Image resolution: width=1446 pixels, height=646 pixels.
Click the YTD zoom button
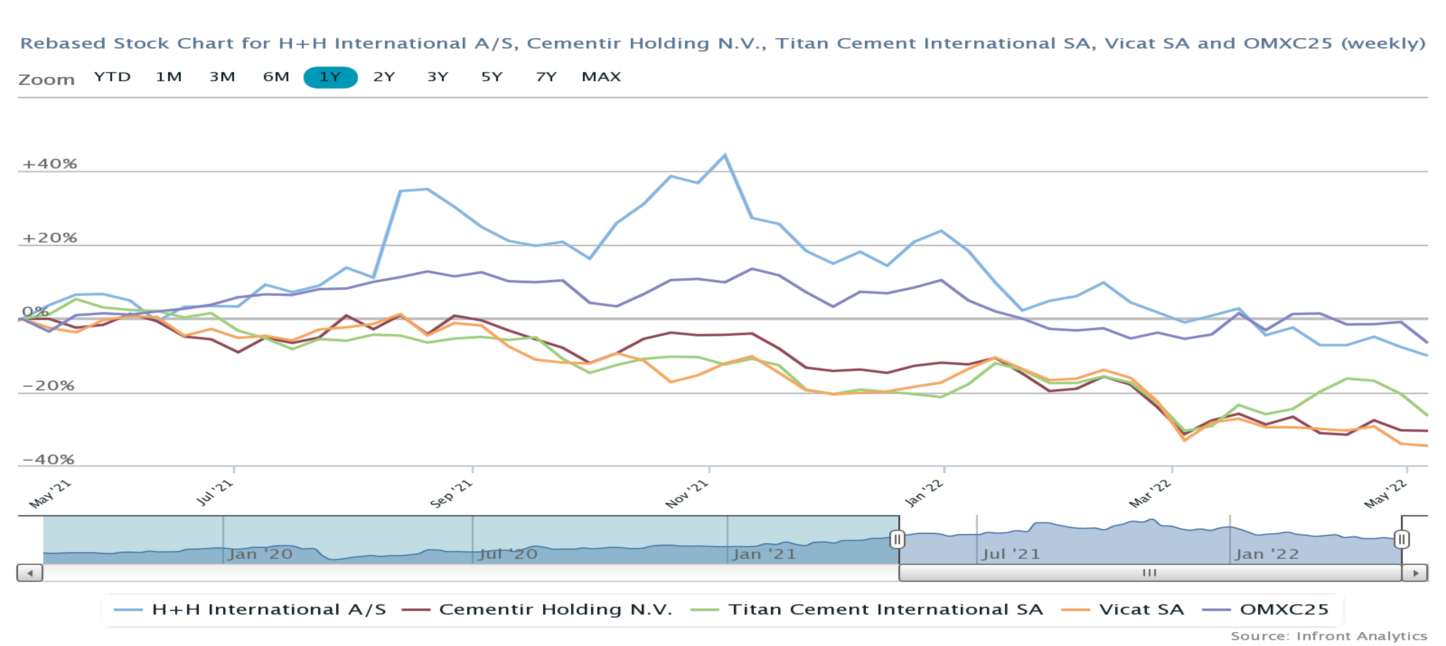pyautogui.click(x=112, y=77)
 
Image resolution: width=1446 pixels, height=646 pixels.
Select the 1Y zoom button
pyautogui.click(x=330, y=77)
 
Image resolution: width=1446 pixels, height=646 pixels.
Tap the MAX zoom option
pyautogui.click(x=601, y=77)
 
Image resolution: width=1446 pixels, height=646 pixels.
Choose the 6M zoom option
pyautogui.click(x=276, y=77)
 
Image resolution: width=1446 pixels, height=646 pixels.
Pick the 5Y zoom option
pyautogui.click(x=492, y=77)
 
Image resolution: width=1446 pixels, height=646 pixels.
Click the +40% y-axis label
pyautogui.click(x=49, y=164)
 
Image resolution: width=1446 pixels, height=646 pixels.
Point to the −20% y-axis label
pyautogui.click(x=48, y=385)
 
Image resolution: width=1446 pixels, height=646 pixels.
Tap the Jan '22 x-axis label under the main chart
pyautogui.click(x=924, y=494)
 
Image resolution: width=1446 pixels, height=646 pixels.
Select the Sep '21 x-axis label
pyautogui.click(x=451, y=494)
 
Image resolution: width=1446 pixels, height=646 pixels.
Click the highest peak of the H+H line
pyautogui.click(x=725, y=155)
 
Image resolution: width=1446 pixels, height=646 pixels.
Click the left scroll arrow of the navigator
pyautogui.click(x=30, y=573)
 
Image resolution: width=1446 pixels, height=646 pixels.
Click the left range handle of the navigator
pyautogui.click(x=897, y=540)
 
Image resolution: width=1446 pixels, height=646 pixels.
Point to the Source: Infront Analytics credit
pyautogui.click(x=1329, y=636)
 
